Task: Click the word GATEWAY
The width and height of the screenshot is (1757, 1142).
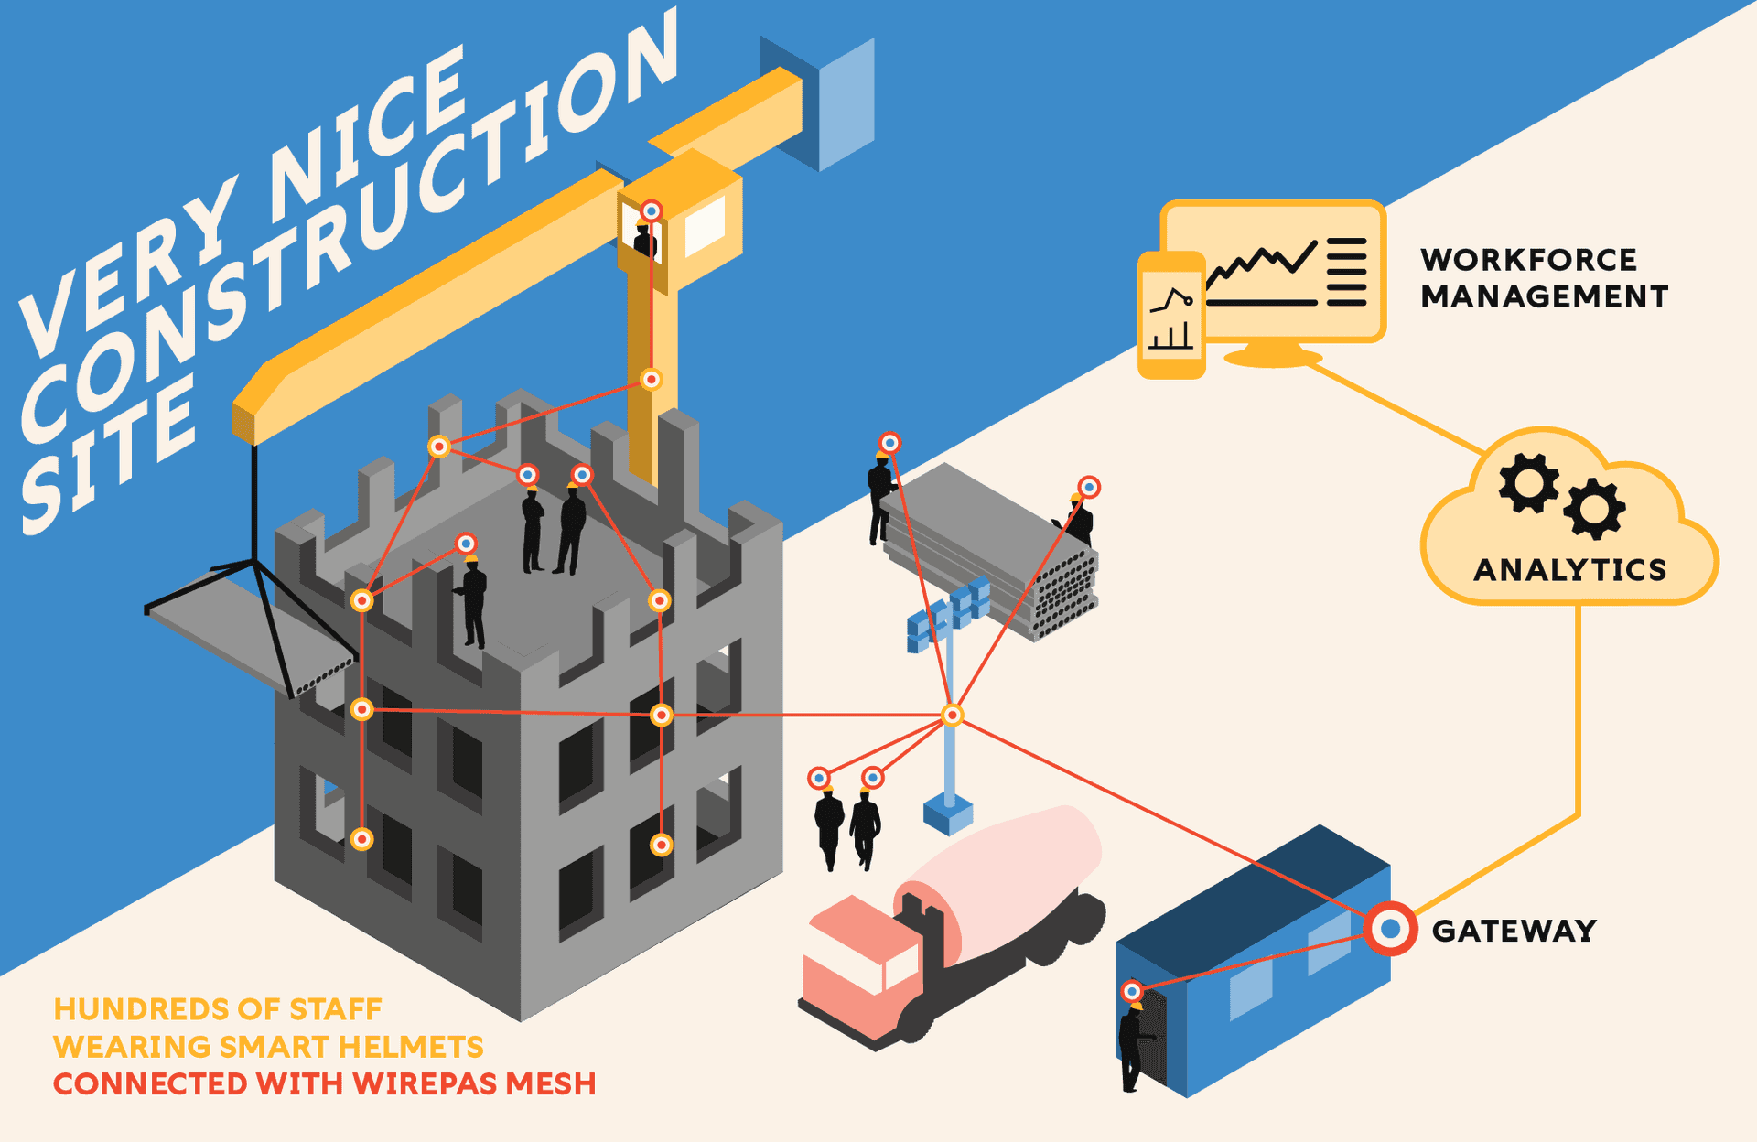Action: click(1514, 931)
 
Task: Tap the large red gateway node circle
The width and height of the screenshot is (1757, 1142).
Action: click(1390, 929)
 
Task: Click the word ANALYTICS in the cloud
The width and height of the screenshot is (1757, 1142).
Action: click(1569, 570)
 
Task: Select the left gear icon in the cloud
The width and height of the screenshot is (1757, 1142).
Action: click(1528, 482)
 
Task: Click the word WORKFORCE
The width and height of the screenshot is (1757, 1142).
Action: click(1528, 260)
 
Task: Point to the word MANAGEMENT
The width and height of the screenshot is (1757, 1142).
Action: click(1545, 297)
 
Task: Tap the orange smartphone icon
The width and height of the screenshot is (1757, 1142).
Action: click(1170, 316)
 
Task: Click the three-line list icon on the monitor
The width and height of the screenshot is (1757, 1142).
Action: click(1346, 272)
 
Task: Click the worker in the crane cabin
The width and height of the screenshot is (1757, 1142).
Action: click(645, 240)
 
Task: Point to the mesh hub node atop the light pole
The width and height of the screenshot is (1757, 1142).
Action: click(952, 715)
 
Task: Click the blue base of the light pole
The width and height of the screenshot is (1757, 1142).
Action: click(948, 813)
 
